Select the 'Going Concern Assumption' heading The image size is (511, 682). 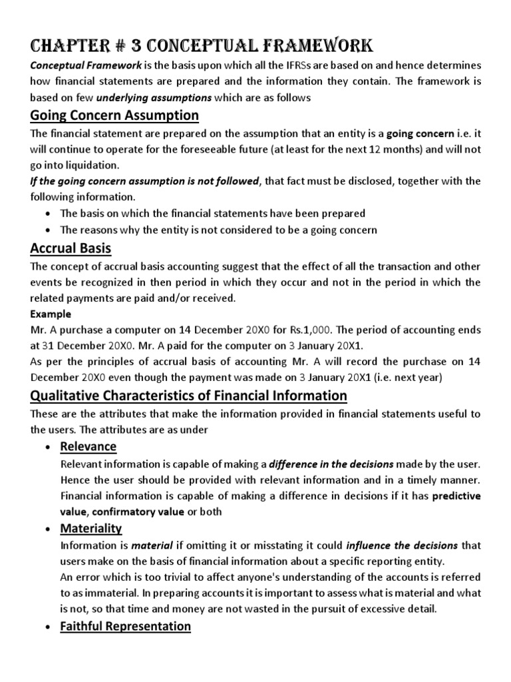(114, 115)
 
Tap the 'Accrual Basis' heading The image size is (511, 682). (71, 248)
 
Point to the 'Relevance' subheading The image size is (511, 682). (88, 446)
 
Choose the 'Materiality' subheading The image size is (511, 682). (90, 528)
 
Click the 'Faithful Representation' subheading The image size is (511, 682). (125, 626)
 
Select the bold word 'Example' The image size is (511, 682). (51, 314)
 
